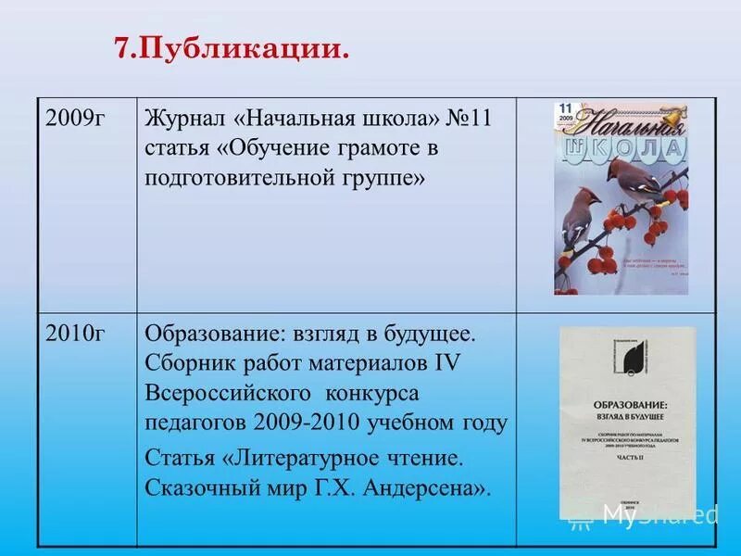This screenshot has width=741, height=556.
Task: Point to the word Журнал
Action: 184,121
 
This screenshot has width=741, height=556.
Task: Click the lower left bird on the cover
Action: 580,210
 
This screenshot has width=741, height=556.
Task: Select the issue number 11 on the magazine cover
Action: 564,109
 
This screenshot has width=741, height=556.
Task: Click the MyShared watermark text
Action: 659,514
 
